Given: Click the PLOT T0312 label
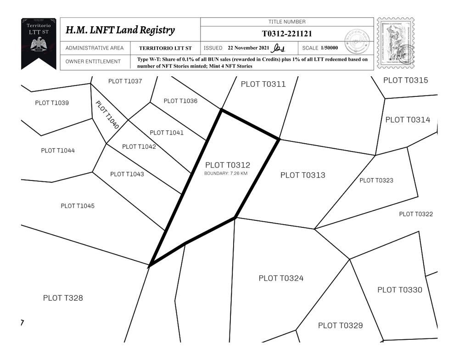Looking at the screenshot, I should [228, 165].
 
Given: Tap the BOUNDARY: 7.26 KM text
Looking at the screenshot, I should [226, 174].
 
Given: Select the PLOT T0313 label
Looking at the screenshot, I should [302, 175].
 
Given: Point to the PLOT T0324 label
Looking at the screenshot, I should [281, 278].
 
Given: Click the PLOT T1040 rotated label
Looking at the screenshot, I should [107, 114].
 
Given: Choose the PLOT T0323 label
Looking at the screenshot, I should [376, 180].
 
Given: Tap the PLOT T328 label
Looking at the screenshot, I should [63, 298].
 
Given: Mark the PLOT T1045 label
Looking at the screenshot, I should [78, 206].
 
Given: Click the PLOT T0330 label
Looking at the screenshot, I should [400, 290].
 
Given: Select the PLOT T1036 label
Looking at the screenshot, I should [180, 101].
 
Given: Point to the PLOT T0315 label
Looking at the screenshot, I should [405, 80].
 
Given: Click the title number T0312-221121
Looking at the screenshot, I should [287, 34].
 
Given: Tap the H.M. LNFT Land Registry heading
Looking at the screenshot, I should [120, 31].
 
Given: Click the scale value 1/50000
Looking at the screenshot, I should [330, 48].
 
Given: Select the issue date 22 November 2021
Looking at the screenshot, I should [249, 48].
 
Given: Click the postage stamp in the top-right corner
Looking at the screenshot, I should [395, 43].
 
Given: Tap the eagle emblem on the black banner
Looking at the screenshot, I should [39, 45].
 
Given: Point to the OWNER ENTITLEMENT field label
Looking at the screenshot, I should [93, 62].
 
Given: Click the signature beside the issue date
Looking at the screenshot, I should [279, 48].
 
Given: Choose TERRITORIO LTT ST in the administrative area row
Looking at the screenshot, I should [166, 48].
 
